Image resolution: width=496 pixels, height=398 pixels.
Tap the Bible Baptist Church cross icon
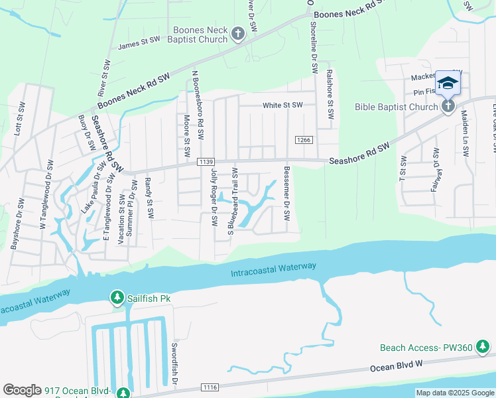tap(448, 106)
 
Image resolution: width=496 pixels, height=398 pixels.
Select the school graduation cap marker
tap(448, 82)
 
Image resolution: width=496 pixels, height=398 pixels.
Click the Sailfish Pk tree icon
tap(117, 298)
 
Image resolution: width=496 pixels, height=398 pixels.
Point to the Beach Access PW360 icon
tap(485, 347)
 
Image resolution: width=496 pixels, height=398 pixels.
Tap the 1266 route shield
tap(304, 139)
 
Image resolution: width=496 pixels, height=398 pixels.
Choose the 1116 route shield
tap(210, 387)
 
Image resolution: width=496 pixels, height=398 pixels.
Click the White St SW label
tap(282, 105)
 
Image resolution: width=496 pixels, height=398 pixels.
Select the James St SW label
tap(139, 44)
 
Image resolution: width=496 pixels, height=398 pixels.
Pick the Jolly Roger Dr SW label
tap(214, 197)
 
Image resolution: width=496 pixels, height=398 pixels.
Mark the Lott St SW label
tap(19, 119)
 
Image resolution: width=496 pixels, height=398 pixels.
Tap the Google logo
tap(22, 390)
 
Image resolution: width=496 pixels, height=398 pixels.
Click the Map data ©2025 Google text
tap(454, 393)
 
